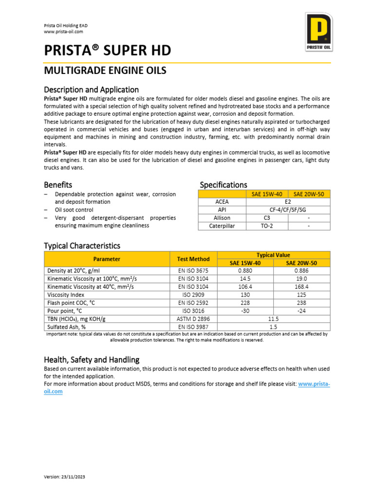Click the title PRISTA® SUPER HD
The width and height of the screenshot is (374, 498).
(107, 51)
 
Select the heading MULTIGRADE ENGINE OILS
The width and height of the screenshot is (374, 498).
(105, 71)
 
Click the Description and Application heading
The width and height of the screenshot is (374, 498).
(91, 90)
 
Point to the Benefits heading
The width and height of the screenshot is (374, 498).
(58, 185)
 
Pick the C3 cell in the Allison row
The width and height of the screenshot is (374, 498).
(267, 218)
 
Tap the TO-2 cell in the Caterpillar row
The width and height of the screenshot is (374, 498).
(267, 226)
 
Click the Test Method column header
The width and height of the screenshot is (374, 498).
(193, 259)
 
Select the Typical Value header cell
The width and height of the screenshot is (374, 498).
(273, 255)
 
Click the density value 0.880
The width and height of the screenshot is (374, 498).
(245, 270)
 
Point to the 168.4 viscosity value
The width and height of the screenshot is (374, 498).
(301, 287)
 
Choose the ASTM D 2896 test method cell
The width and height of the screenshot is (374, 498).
(193, 319)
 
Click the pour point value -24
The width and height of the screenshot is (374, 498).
(301, 311)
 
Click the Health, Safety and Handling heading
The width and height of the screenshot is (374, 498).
(92, 360)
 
